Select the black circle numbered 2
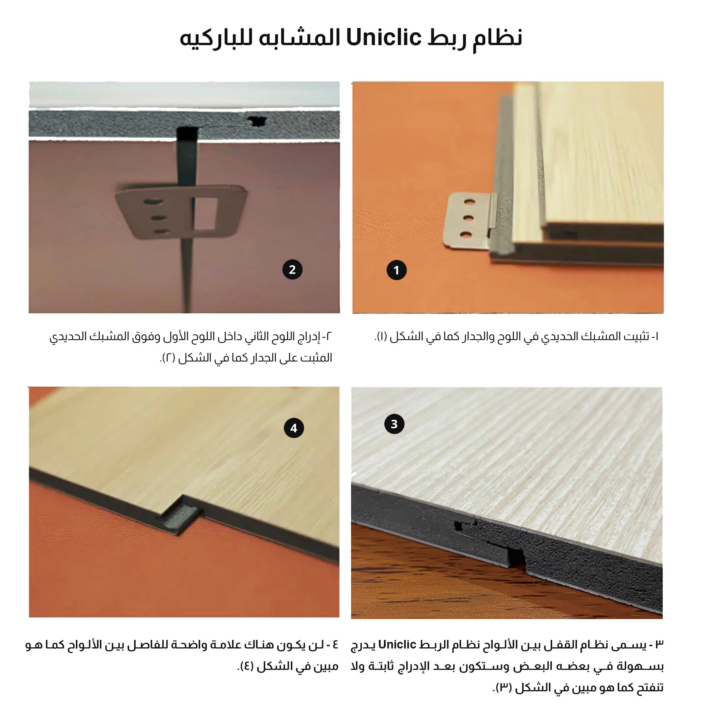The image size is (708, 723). [x=292, y=270]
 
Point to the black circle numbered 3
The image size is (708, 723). [x=394, y=424]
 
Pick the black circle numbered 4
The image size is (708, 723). [x=294, y=428]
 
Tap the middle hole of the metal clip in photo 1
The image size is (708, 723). [x=468, y=218]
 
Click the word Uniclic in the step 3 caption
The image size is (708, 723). [x=397, y=644]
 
